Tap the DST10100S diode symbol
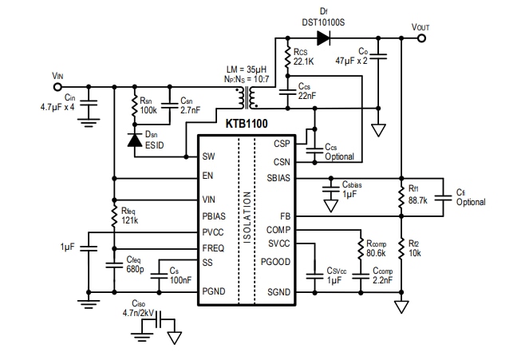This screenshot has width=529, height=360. (323, 37)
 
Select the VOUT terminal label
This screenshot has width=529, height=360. (420, 26)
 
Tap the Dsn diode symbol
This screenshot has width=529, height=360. (134, 140)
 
